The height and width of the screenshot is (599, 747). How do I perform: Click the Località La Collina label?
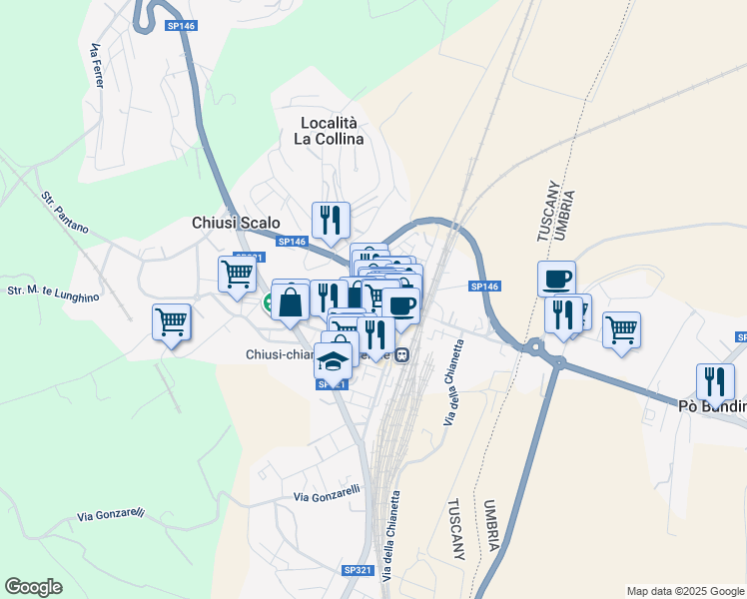(331, 131)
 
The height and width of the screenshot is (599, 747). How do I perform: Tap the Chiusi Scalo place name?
(236, 224)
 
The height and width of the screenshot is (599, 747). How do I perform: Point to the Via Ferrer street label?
(97, 65)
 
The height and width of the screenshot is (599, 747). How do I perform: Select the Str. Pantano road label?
(64, 213)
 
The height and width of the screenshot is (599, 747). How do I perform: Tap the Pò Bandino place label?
(711, 406)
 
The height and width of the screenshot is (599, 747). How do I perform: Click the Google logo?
(33, 587)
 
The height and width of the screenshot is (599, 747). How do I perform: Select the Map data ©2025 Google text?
(685, 591)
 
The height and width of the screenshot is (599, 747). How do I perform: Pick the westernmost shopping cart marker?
(171, 322)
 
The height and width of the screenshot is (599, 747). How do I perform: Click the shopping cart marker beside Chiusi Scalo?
(237, 273)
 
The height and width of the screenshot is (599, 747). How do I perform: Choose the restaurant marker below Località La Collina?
(330, 219)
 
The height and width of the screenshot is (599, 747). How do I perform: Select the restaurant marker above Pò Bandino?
(715, 380)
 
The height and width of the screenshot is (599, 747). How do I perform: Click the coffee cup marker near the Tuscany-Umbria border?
(556, 278)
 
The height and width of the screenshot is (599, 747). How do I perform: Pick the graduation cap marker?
(334, 359)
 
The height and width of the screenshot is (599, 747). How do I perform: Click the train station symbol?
(401, 355)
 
